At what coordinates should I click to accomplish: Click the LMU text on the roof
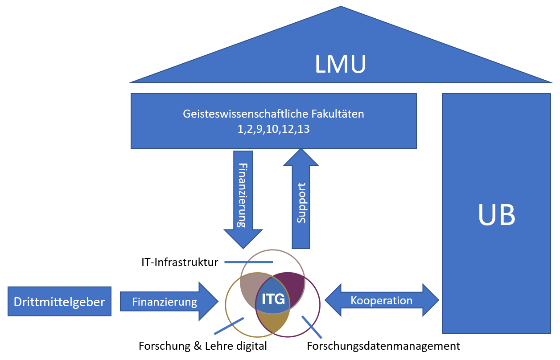[x=340, y=64]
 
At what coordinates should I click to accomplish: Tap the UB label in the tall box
[x=496, y=215]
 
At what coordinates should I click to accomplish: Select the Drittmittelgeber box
[x=59, y=302]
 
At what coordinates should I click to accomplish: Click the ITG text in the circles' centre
[x=273, y=299]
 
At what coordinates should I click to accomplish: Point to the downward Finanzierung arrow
[x=243, y=196]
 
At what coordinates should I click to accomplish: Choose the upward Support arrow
[x=302, y=200]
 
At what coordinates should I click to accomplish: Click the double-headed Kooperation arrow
[x=382, y=301]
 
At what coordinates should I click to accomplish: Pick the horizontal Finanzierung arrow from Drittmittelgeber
[x=165, y=302]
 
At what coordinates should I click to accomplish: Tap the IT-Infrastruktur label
[x=177, y=262]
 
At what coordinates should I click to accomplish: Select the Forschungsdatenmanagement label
[x=383, y=346]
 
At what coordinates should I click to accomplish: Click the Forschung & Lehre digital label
[x=203, y=346]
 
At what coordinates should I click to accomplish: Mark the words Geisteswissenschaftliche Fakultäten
[x=273, y=114]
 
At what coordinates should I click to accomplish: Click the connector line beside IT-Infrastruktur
[x=248, y=262]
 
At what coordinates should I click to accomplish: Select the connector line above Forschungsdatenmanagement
[x=312, y=327]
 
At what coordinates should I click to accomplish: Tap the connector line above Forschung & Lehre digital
[x=229, y=326]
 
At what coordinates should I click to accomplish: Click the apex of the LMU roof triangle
[x=341, y=7]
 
